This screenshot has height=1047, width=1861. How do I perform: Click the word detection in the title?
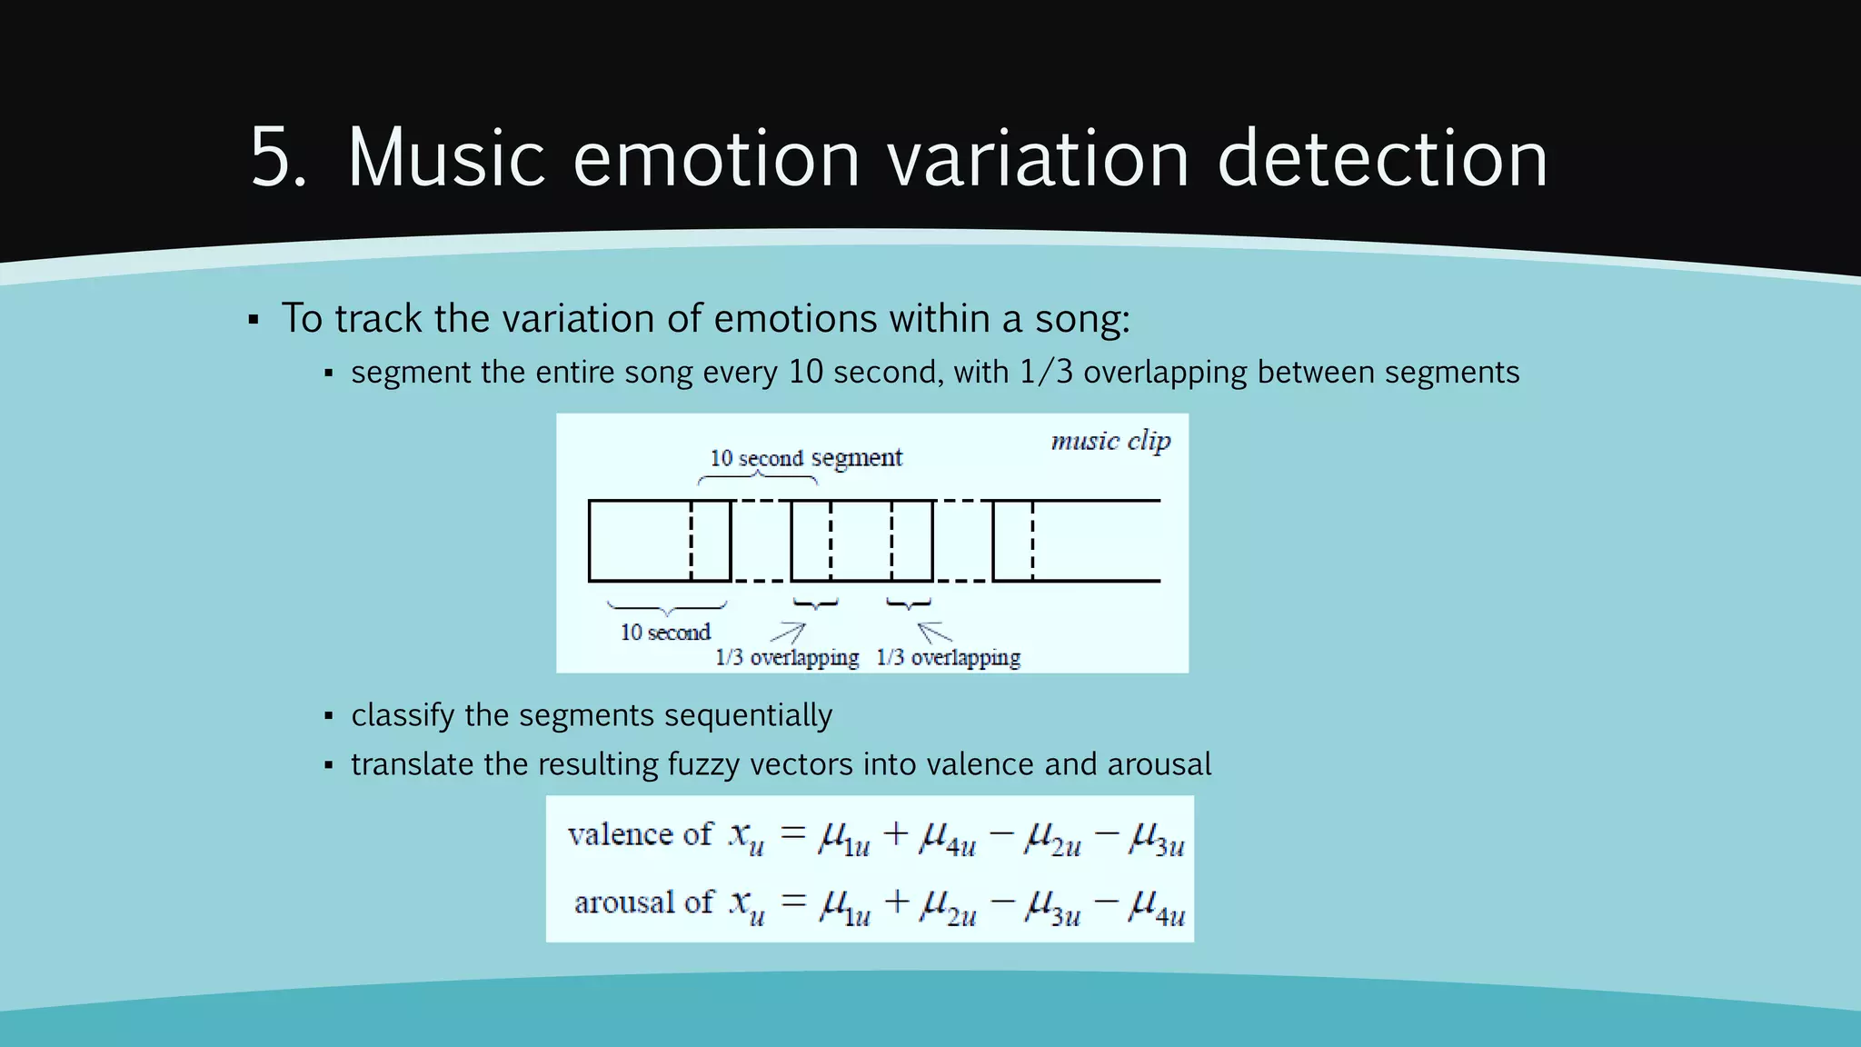(1382, 158)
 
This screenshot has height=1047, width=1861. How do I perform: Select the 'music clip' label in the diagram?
(1110, 442)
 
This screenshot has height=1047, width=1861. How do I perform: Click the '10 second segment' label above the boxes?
(806, 458)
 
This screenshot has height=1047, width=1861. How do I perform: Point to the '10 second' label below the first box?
(665, 633)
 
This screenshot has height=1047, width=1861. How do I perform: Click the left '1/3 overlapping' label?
(787, 657)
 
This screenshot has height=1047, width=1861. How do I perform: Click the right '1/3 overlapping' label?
(948, 657)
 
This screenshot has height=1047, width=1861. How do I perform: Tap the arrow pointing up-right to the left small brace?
(788, 633)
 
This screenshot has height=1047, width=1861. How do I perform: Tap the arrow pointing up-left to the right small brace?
(934, 632)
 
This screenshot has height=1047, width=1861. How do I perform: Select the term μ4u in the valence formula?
(948, 837)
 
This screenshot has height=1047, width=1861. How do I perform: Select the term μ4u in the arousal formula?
(1156, 905)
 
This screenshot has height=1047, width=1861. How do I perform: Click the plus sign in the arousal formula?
(896, 901)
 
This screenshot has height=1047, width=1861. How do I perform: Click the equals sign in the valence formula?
(793, 832)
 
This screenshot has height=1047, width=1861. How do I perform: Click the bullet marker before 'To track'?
(254, 320)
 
